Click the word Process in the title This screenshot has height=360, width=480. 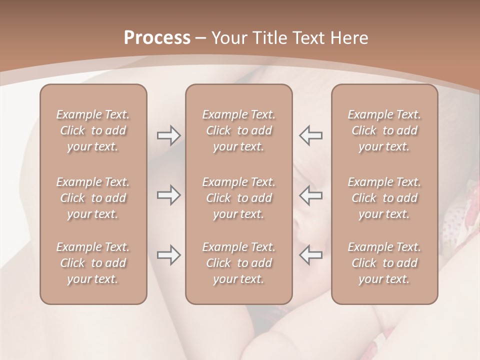(157, 38)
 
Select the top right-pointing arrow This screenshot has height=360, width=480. (168, 135)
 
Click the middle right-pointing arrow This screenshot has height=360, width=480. (168, 195)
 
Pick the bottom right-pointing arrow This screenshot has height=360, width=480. (168, 255)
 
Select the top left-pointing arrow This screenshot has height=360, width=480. (310, 135)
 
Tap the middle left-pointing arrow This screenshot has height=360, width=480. (310, 195)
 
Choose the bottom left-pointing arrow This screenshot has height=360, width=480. (310, 255)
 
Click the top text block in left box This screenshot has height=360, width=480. (93, 130)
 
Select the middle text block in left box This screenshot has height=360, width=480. (93, 198)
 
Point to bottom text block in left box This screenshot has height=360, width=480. (93, 263)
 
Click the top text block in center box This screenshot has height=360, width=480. (238, 130)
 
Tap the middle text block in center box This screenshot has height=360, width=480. (238, 198)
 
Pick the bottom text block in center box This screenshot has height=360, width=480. (238, 263)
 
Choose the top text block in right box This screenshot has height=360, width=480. (384, 130)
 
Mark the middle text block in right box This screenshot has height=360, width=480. (384, 198)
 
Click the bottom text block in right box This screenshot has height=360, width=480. (384, 263)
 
